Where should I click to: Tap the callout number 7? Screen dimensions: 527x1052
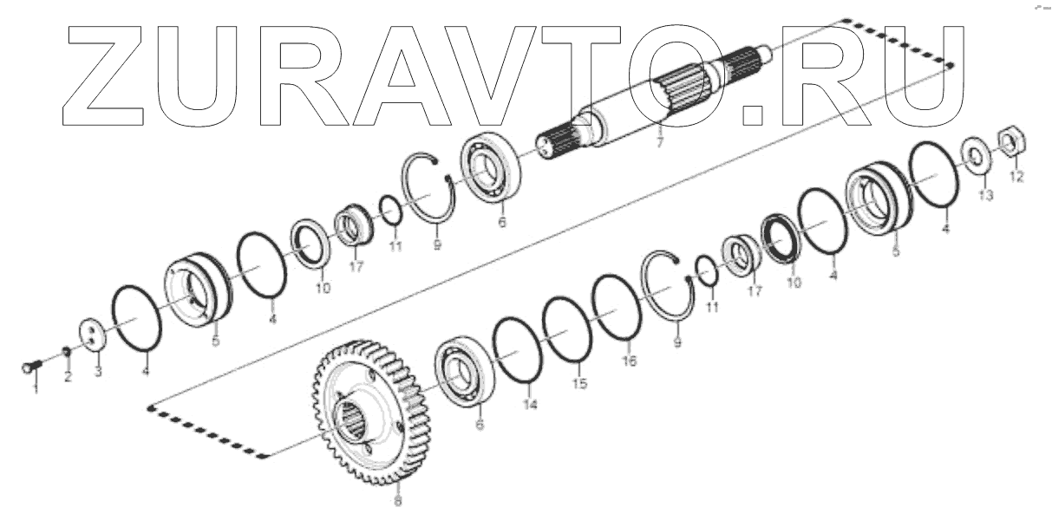pos(659,142)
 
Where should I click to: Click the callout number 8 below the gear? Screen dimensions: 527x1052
pos(397,501)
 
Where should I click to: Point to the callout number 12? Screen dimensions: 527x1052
pos(1016,177)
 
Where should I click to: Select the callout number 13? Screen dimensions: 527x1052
pos(985,197)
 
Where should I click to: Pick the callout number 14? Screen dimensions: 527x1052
pos(530,404)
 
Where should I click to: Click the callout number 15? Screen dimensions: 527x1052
pos(578,382)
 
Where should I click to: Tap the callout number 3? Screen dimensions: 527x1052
pos(98,372)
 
